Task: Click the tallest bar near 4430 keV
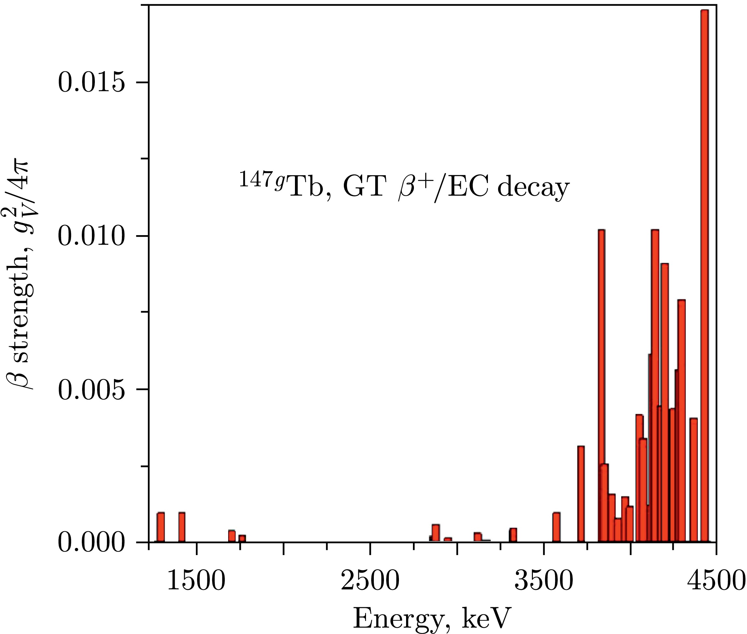click(705, 273)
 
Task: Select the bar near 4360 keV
click(694, 480)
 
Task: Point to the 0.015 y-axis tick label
click(92, 82)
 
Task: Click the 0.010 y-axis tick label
click(92, 236)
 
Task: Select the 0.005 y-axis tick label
click(92, 390)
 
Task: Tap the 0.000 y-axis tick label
click(92, 543)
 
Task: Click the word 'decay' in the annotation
click(533, 188)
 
